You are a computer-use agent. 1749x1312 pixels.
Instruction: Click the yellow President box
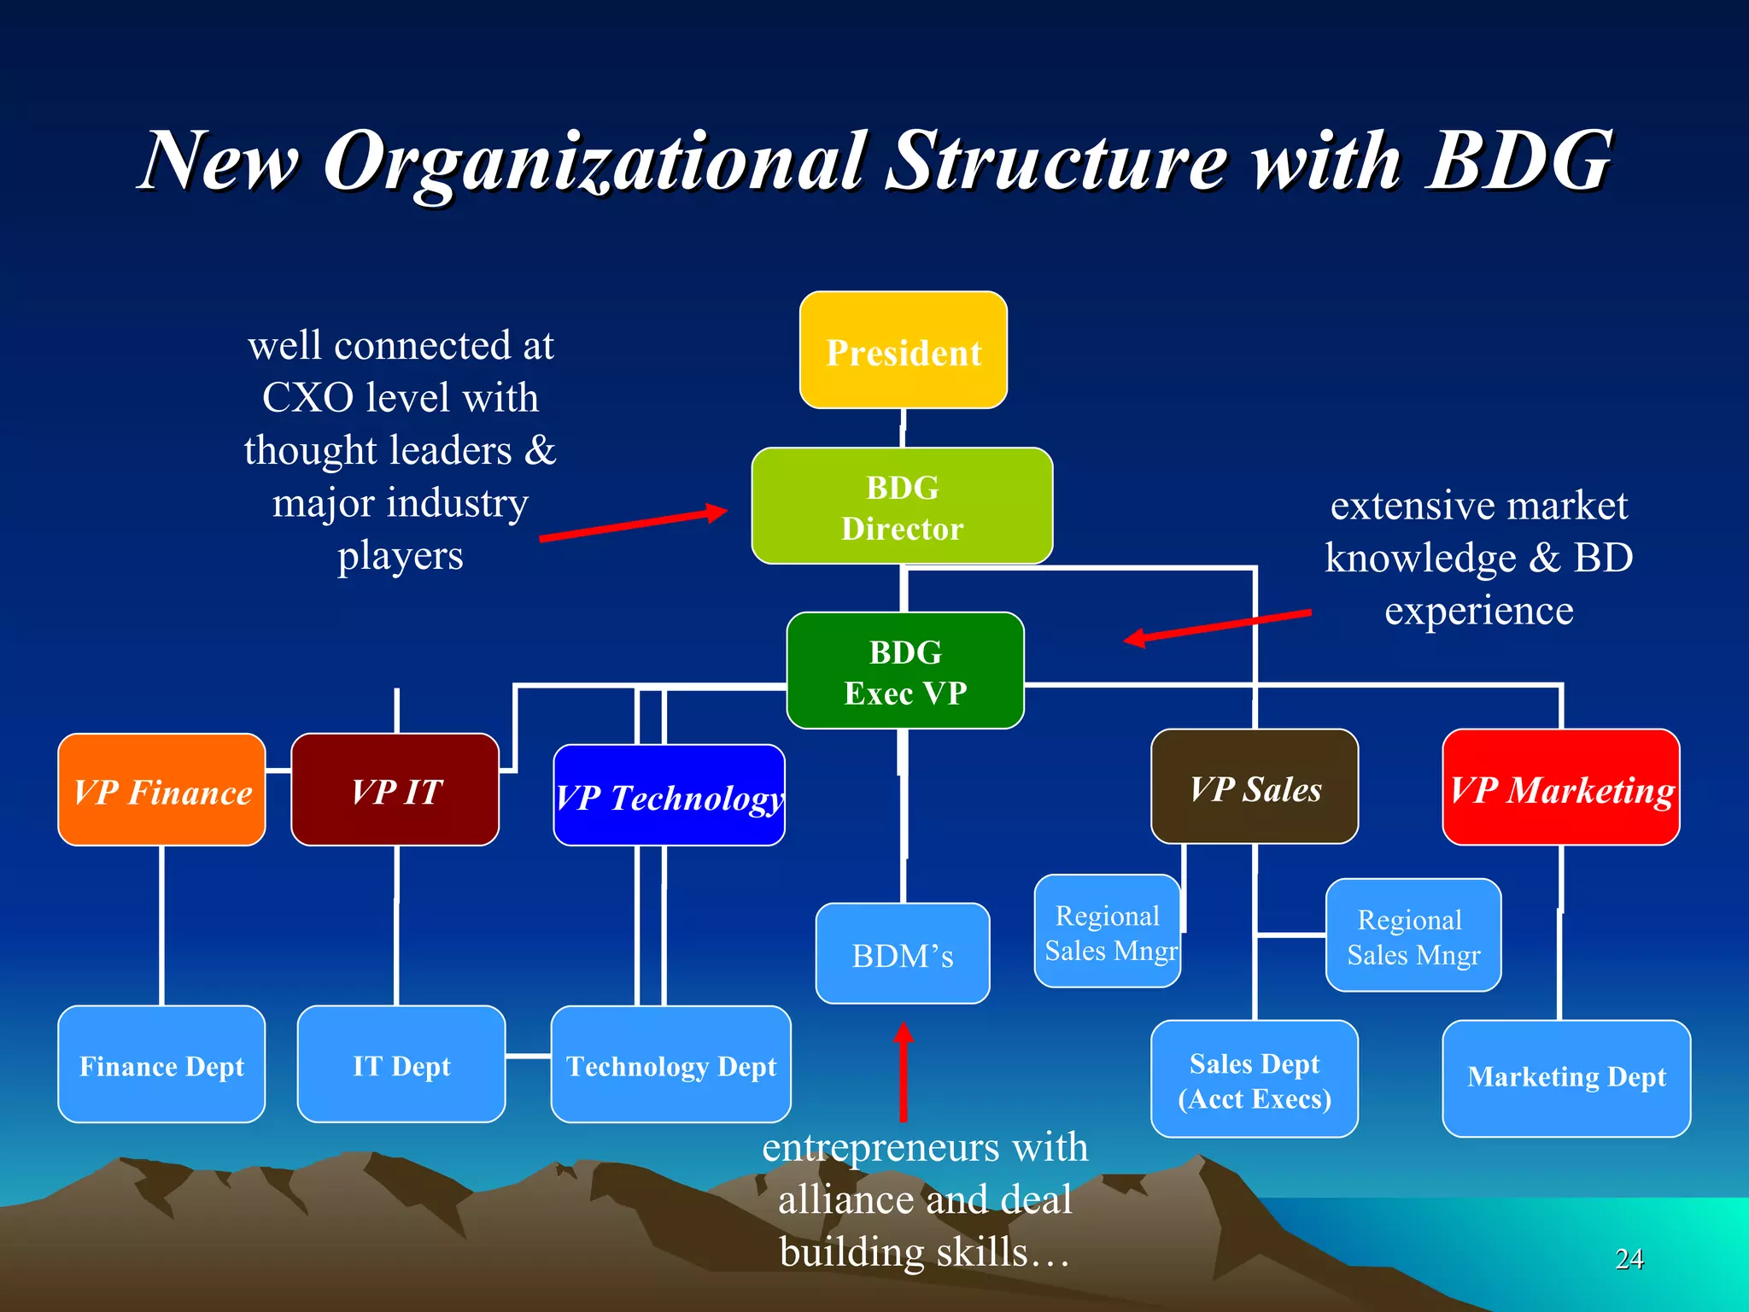coord(903,350)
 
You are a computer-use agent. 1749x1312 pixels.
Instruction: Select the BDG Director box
coord(902,506)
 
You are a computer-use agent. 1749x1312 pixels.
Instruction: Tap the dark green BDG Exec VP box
coord(904,671)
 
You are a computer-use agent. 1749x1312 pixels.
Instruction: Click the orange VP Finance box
coord(161,790)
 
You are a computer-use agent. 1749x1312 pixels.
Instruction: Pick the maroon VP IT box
coord(395,790)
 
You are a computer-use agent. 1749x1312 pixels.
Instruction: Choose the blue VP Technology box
coord(669,795)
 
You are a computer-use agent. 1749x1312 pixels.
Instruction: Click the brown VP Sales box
coord(1255,787)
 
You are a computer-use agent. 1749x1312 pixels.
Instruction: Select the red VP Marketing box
coord(1560,788)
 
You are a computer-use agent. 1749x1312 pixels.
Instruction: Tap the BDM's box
coord(903,953)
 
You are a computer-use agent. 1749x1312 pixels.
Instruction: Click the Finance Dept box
coord(161,1064)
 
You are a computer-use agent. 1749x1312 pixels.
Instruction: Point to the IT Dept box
coord(401,1064)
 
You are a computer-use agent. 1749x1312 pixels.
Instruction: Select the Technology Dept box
coord(670,1064)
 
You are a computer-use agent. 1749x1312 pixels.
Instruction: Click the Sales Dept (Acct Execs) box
coord(1255,1079)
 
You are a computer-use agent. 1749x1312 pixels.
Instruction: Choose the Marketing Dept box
coord(1566,1078)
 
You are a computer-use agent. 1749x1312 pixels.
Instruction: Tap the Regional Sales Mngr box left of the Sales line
coord(1108,932)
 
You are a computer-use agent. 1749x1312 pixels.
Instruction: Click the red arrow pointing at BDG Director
coord(633,524)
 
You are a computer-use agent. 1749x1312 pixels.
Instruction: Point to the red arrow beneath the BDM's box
coord(903,1072)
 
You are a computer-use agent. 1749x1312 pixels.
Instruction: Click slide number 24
coord(1629,1258)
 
